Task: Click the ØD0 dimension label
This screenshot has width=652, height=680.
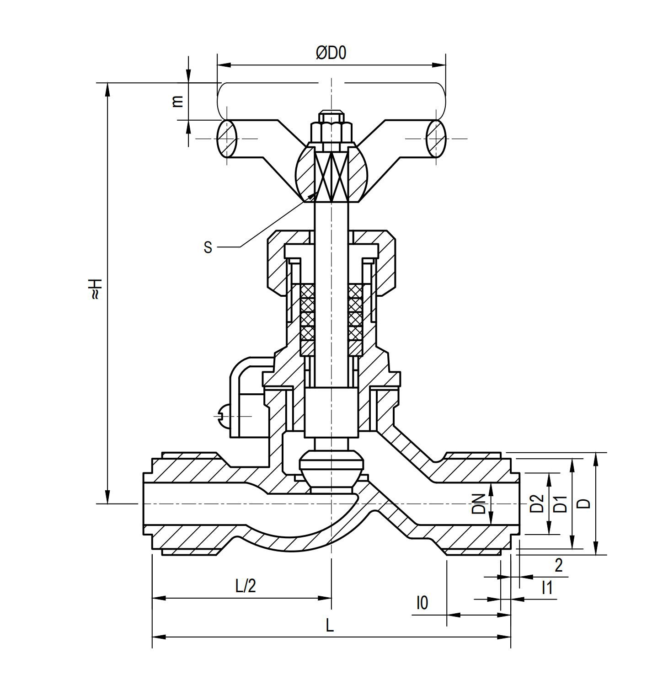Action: point(331,53)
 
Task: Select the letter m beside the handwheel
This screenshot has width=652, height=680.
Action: point(177,101)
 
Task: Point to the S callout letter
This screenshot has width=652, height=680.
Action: point(208,247)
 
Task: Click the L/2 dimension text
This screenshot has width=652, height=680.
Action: point(246,586)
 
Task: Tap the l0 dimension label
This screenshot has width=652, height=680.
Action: point(422,603)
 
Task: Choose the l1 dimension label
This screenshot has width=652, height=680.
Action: point(547,587)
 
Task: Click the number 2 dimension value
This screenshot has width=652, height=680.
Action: point(558,566)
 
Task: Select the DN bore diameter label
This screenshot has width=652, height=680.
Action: point(478,503)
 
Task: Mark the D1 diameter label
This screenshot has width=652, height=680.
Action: point(561,503)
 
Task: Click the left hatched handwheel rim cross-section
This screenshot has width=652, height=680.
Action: point(226,138)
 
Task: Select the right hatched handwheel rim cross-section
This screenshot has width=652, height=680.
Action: point(436,138)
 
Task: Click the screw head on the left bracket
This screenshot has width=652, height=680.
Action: point(222,416)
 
